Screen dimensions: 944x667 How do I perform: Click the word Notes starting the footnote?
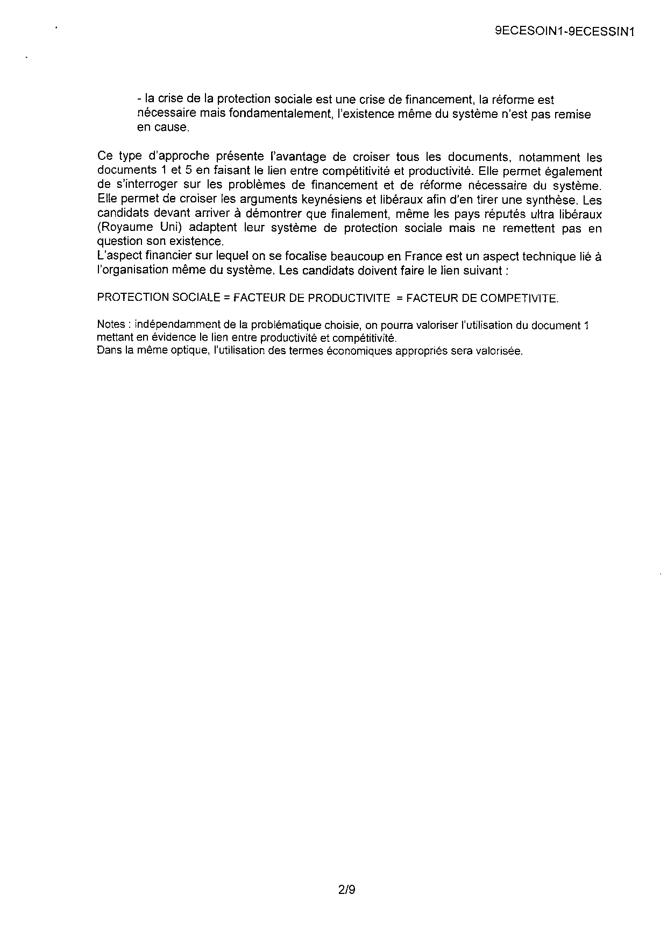(111, 325)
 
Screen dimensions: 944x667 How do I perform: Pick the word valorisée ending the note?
(501, 351)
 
